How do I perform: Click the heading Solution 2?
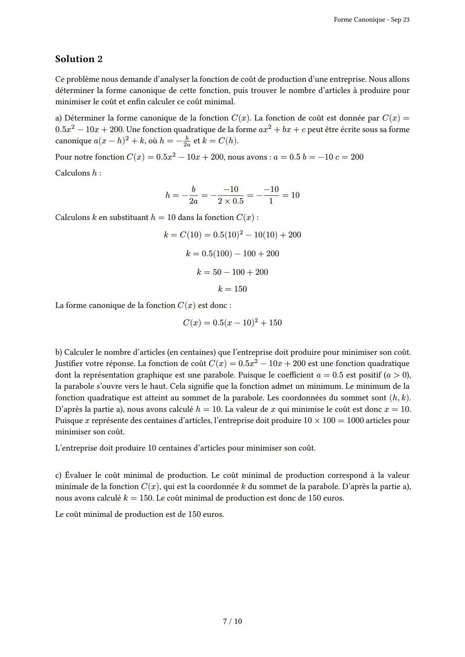coord(79,59)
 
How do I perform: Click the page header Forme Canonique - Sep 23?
coord(371,20)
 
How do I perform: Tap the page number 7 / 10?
coord(232,621)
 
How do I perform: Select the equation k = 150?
coord(232,289)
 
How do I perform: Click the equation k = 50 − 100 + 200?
coord(232,272)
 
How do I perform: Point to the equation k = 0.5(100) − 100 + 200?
coord(232,253)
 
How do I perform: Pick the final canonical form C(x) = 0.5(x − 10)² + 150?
coord(232,323)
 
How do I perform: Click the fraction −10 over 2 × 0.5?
coord(231,195)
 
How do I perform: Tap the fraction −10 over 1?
coord(271,195)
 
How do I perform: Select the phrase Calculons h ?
coord(78,173)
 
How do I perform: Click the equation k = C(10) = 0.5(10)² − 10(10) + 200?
coord(232,235)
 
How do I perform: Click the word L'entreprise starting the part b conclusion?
coord(76,448)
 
